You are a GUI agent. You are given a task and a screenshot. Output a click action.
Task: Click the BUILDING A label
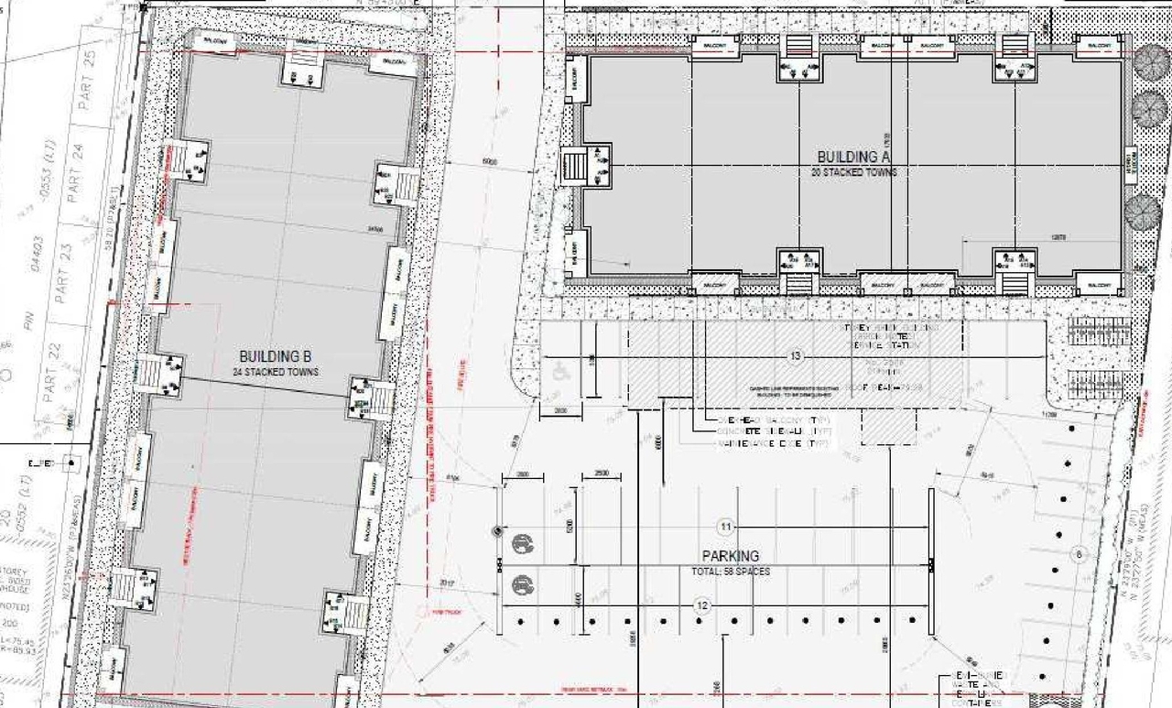pyautogui.click(x=853, y=157)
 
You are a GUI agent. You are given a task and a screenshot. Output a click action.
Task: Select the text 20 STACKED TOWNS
pyautogui.click(x=853, y=172)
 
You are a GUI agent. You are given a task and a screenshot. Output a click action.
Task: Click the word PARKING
pyautogui.click(x=731, y=556)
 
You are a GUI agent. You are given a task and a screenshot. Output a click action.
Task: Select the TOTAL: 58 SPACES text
pyautogui.click(x=731, y=572)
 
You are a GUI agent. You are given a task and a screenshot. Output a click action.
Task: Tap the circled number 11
pyautogui.click(x=725, y=527)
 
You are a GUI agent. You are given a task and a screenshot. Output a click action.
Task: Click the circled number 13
pyautogui.click(x=795, y=355)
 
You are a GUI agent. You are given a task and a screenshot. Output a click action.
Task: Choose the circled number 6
pyautogui.click(x=1079, y=554)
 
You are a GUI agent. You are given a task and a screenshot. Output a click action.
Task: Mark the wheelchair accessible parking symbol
pyautogui.click(x=559, y=373)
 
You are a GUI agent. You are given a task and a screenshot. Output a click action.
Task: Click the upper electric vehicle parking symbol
pyautogui.click(x=522, y=542)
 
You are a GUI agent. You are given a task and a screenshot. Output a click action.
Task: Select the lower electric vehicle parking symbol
pyautogui.click(x=522, y=583)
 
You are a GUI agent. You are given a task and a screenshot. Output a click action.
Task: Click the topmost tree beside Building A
pyautogui.click(x=1150, y=62)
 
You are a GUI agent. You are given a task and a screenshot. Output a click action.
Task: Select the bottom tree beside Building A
pyautogui.click(x=1143, y=212)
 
